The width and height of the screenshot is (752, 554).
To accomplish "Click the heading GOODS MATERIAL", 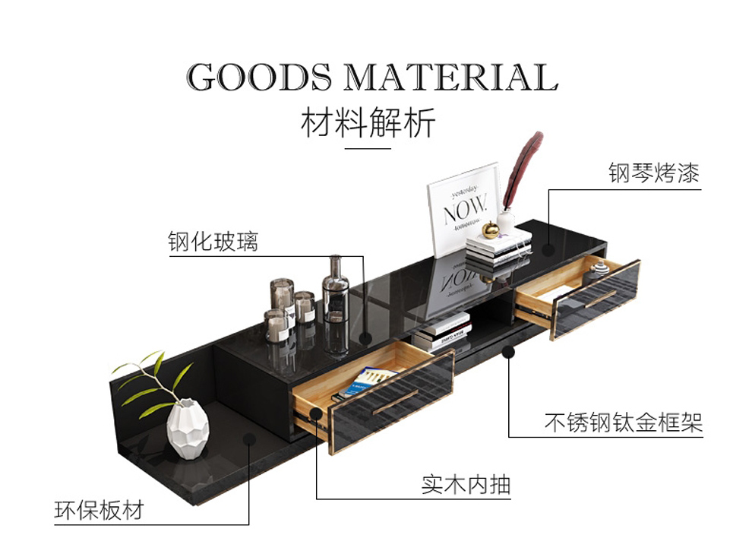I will pyautogui.click(x=372, y=78).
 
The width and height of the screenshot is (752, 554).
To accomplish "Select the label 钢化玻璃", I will pyautogui.click(x=213, y=242).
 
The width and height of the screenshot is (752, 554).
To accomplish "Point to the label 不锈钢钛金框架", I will pyautogui.click(x=623, y=422).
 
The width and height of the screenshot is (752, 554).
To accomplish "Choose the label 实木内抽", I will pyautogui.click(x=466, y=484).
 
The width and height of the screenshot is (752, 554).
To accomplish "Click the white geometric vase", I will pyautogui.click(x=188, y=429).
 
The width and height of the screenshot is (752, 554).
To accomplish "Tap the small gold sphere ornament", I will pyautogui.click(x=491, y=229).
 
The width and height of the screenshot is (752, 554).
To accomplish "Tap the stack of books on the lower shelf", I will pyautogui.click(x=443, y=332).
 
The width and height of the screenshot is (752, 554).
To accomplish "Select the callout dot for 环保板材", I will pyautogui.click(x=248, y=438).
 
